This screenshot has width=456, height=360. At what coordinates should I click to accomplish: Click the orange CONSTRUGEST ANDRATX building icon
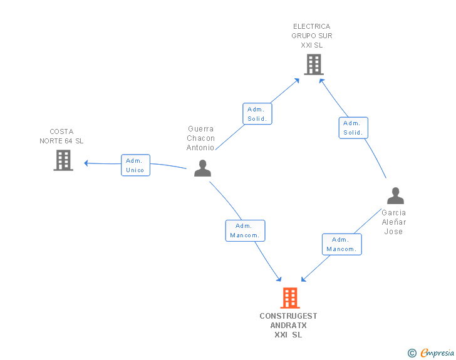coord(290,298)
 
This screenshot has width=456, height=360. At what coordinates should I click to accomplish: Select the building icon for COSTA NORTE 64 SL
coord(63,160)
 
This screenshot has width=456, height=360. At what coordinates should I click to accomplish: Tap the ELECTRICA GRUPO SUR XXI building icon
coord(314,64)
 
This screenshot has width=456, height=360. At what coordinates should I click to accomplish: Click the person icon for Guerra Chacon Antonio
coord(202,168)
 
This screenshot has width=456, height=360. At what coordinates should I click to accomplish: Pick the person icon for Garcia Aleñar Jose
coord(395,196)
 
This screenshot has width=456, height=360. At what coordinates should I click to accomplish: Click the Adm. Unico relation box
coord(135,165)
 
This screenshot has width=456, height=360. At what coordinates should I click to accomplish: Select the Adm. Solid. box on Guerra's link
coord(257,114)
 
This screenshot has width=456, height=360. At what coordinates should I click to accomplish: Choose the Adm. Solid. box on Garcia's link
coord(353,128)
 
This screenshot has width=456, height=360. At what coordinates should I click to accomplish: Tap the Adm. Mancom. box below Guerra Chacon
coord(245,230)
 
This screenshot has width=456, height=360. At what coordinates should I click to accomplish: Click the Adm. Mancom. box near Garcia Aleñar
coord(342,244)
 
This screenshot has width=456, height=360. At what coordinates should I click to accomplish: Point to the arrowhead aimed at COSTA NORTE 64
coord(86,163)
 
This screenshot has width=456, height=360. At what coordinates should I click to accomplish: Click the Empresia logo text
coord(437,352)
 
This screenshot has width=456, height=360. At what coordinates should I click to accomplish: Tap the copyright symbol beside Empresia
coord(412,353)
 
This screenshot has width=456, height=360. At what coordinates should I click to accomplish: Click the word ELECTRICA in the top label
coord(312,26)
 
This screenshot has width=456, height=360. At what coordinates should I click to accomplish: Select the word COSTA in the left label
coord(61,131)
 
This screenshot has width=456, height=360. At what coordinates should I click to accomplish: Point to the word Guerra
coord(200,129)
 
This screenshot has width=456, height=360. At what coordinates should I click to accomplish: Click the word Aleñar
coord(394,222)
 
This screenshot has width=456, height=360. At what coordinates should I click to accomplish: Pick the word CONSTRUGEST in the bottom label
coord(288,316)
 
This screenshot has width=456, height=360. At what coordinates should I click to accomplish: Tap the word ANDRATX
coord(289,326)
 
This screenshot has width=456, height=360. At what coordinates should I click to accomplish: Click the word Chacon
coord(200,138)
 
